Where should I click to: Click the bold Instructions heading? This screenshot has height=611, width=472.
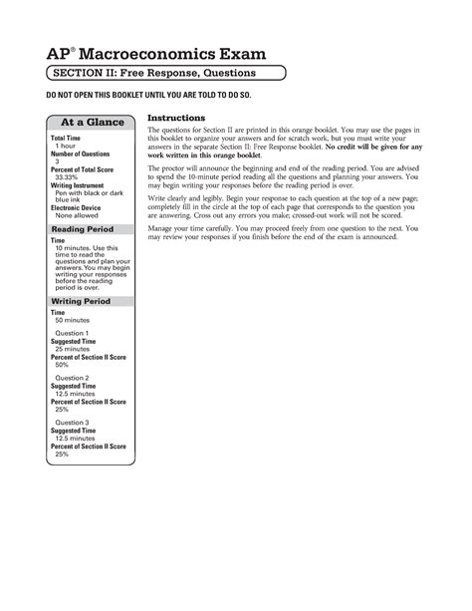click(x=176, y=118)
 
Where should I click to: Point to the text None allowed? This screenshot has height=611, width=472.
click(x=78, y=215)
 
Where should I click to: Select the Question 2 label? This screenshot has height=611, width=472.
click(x=73, y=378)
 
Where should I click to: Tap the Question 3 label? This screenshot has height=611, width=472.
click(x=73, y=423)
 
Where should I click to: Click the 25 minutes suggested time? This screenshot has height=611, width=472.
click(x=75, y=349)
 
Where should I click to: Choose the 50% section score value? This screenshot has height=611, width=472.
click(x=62, y=365)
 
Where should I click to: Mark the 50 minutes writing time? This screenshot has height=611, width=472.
click(x=73, y=319)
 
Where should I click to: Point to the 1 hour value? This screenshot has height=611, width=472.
click(x=67, y=146)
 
